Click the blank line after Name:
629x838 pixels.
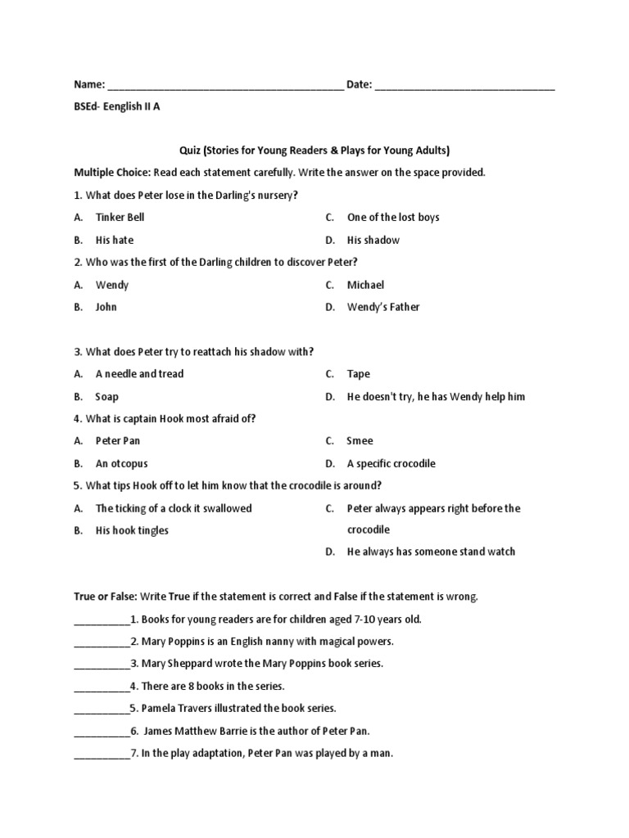tap(225, 86)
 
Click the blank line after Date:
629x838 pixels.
tap(465, 86)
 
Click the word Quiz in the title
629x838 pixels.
tap(190, 151)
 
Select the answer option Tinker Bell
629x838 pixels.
tap(120, 218)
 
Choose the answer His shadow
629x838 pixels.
tap(373, 240)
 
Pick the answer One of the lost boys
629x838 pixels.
tap(393, 218)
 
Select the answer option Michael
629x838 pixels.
tap(365, 285)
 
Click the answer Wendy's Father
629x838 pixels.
tap(383, 307)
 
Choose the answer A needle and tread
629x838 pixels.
tap(139, 374)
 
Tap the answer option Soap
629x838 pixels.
tap(106, 396)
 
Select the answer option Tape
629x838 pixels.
tap(359, 374)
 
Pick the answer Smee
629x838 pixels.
tap(360, 441)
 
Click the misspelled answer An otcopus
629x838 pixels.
tap(122, 463)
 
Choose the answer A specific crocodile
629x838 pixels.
tap(391, 463)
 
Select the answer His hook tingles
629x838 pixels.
tap(132, 530)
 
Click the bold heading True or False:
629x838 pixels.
tap(106, 597)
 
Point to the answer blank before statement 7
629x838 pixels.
tap(102, 754)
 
